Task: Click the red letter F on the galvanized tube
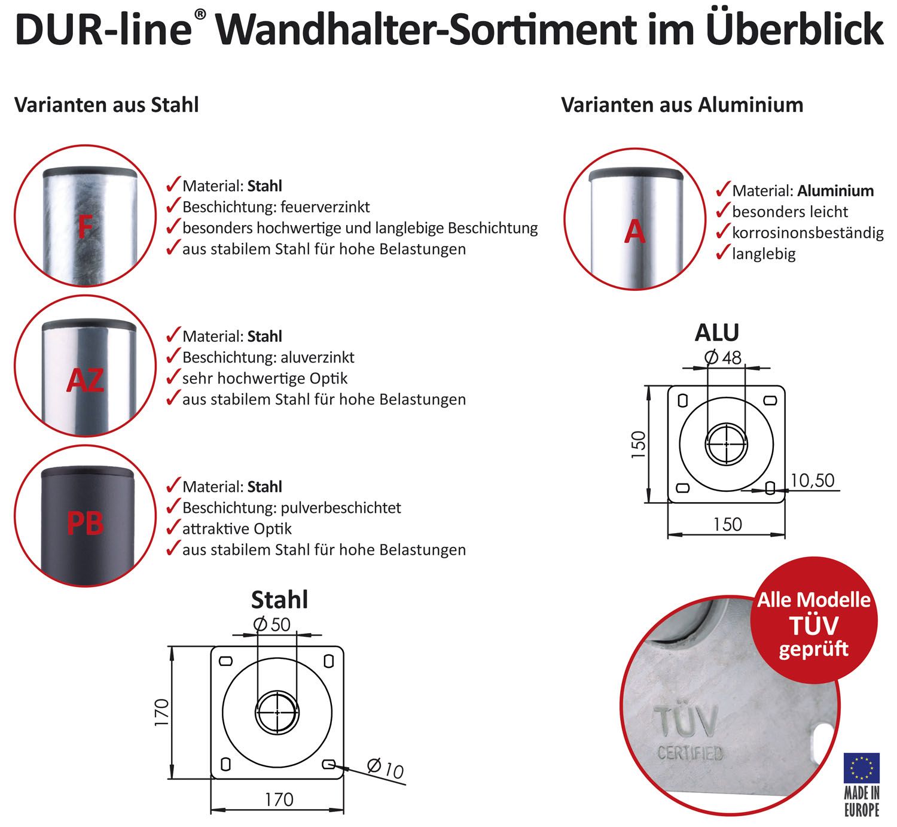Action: [85, 227]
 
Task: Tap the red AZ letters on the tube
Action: [85, 380]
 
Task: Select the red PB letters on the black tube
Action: [85, 523]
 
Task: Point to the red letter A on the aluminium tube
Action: [634, 232]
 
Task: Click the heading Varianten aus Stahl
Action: [106, 105]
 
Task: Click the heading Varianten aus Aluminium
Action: [682, 105]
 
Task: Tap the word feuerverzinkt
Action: [325, 207]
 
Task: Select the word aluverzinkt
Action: [317, 357]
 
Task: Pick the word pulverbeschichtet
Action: [341, 508]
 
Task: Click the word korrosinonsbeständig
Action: [807, 233]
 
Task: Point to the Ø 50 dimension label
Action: [272, 624]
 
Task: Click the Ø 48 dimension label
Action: [722, 358]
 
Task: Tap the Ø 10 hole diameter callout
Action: [386, 768]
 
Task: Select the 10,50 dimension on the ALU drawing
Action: [813, 480]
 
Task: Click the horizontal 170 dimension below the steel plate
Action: [279, 799]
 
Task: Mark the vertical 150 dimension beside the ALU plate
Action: [639, 445]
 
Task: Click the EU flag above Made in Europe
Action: [861, 768]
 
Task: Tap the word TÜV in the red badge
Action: [814, 625]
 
